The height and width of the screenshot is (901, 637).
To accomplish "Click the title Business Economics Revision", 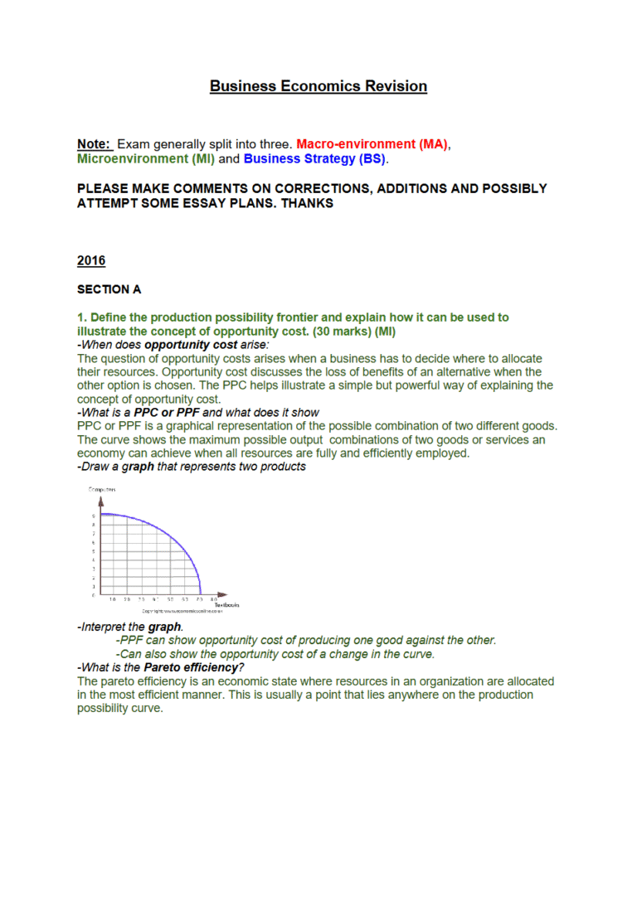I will [318, 86].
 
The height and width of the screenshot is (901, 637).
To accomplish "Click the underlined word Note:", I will [94, 144].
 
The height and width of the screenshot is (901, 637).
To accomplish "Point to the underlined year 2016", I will [91, 260].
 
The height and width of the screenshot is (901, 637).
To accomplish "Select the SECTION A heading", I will [109, 289].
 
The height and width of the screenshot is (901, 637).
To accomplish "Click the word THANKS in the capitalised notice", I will [308, 203].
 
